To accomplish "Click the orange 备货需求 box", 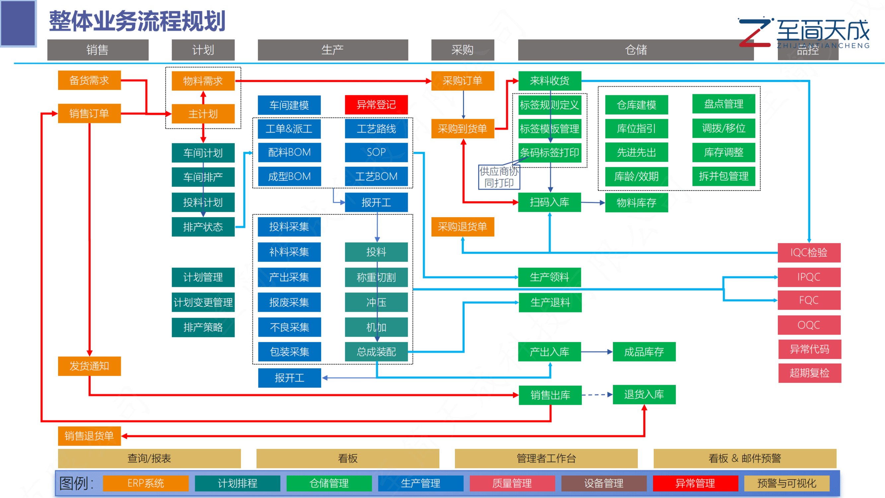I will (89, 80).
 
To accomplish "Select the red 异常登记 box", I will (376, 105).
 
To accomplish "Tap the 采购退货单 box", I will (463, 227).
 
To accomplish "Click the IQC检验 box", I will (809, 253).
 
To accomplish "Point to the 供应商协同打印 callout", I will (499, 177).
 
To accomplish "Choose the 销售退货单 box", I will (89, 436).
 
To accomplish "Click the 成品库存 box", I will (644, 352).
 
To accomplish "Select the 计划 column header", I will (203, 50).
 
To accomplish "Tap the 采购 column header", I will (463, 50).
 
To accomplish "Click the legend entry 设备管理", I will (604, 483).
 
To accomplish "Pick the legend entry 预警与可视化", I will (787, 483).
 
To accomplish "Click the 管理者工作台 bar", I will (546, 458).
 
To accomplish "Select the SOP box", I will (376, 152).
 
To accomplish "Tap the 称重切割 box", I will (376, 277).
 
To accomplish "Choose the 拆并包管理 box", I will (723, 176).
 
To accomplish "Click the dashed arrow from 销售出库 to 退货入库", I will (597, 395).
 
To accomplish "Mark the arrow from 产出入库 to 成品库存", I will (596, 352).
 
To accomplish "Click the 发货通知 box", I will (89, 366).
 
